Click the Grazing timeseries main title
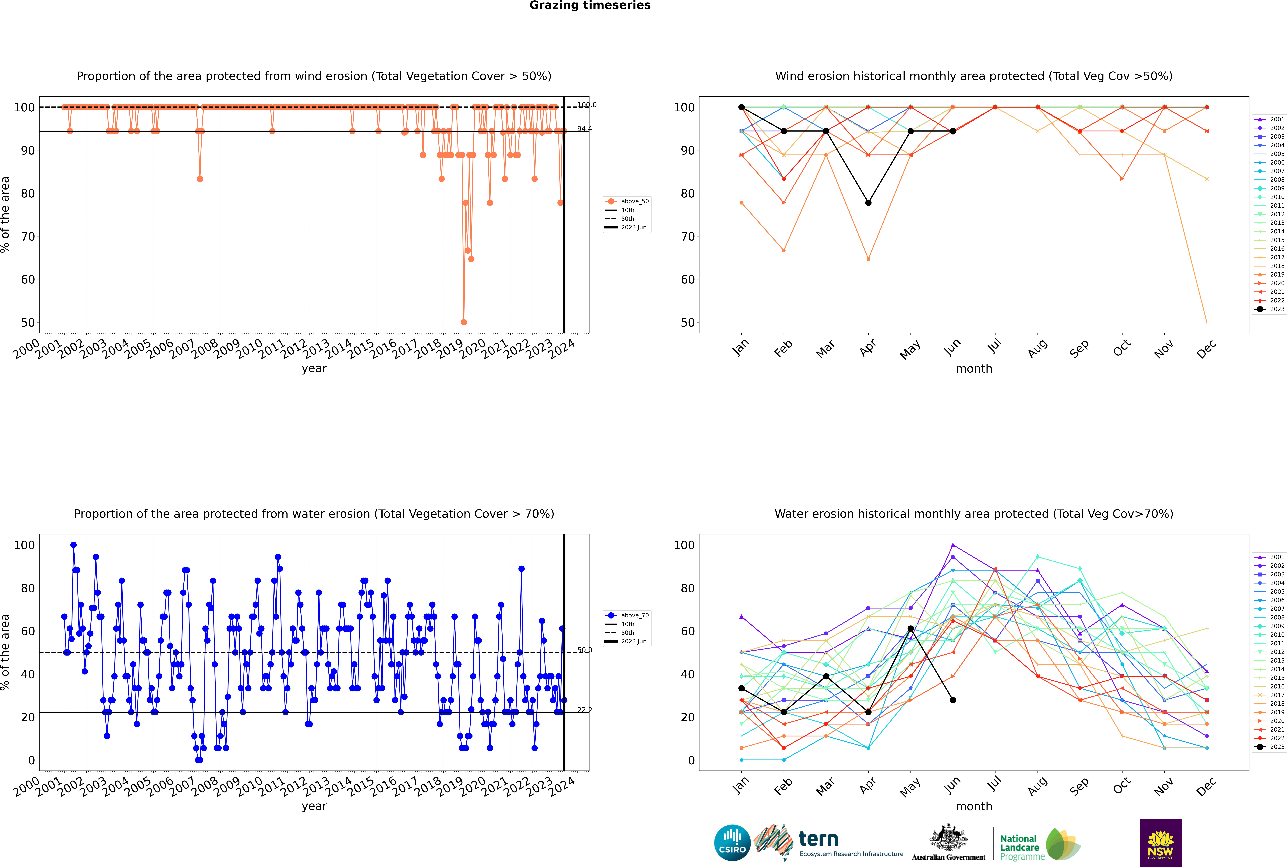590,5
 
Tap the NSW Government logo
1160,843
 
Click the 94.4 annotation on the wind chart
584,129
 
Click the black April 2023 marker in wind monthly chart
868,203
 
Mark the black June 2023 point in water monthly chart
953,700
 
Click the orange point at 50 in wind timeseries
464,322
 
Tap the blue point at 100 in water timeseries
74,545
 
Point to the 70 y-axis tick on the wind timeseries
28,237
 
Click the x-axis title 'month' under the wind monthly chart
974,369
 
